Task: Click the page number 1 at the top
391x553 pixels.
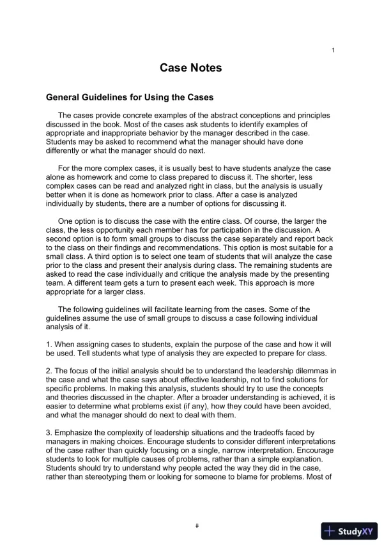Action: point(333,51)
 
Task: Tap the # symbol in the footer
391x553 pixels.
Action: point(197,526)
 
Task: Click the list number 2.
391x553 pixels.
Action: point(49,371)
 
